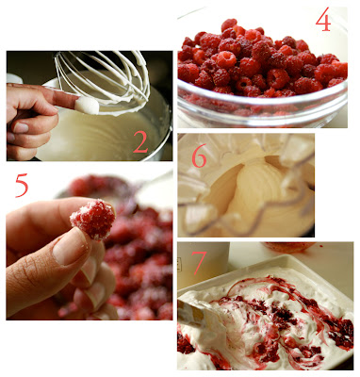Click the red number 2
pos(140,141)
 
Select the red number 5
pos(22,186)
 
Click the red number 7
pos(200,262)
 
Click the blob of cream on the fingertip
pos(87,106)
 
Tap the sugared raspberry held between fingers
pos(93,220)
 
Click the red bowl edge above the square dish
pos(289,248)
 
